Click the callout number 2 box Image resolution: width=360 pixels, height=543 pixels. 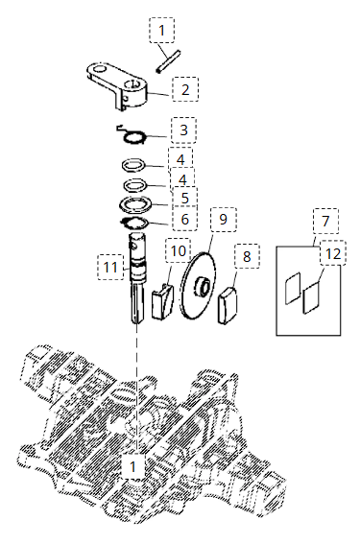(185, 89)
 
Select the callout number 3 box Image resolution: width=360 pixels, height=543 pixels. (183, 130)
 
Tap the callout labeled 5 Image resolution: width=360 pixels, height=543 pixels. (185, 198)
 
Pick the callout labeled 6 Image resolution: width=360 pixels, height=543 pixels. (184, 219)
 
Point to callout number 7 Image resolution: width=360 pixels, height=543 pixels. (325, 221)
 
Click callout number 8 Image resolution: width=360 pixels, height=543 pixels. (247, 256)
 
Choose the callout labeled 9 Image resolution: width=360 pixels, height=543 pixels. (224, 219)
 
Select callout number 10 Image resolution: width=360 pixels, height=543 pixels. (179, 250)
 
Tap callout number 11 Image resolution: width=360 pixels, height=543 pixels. (110, 267)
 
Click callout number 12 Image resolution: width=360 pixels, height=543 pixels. (333, 254)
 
